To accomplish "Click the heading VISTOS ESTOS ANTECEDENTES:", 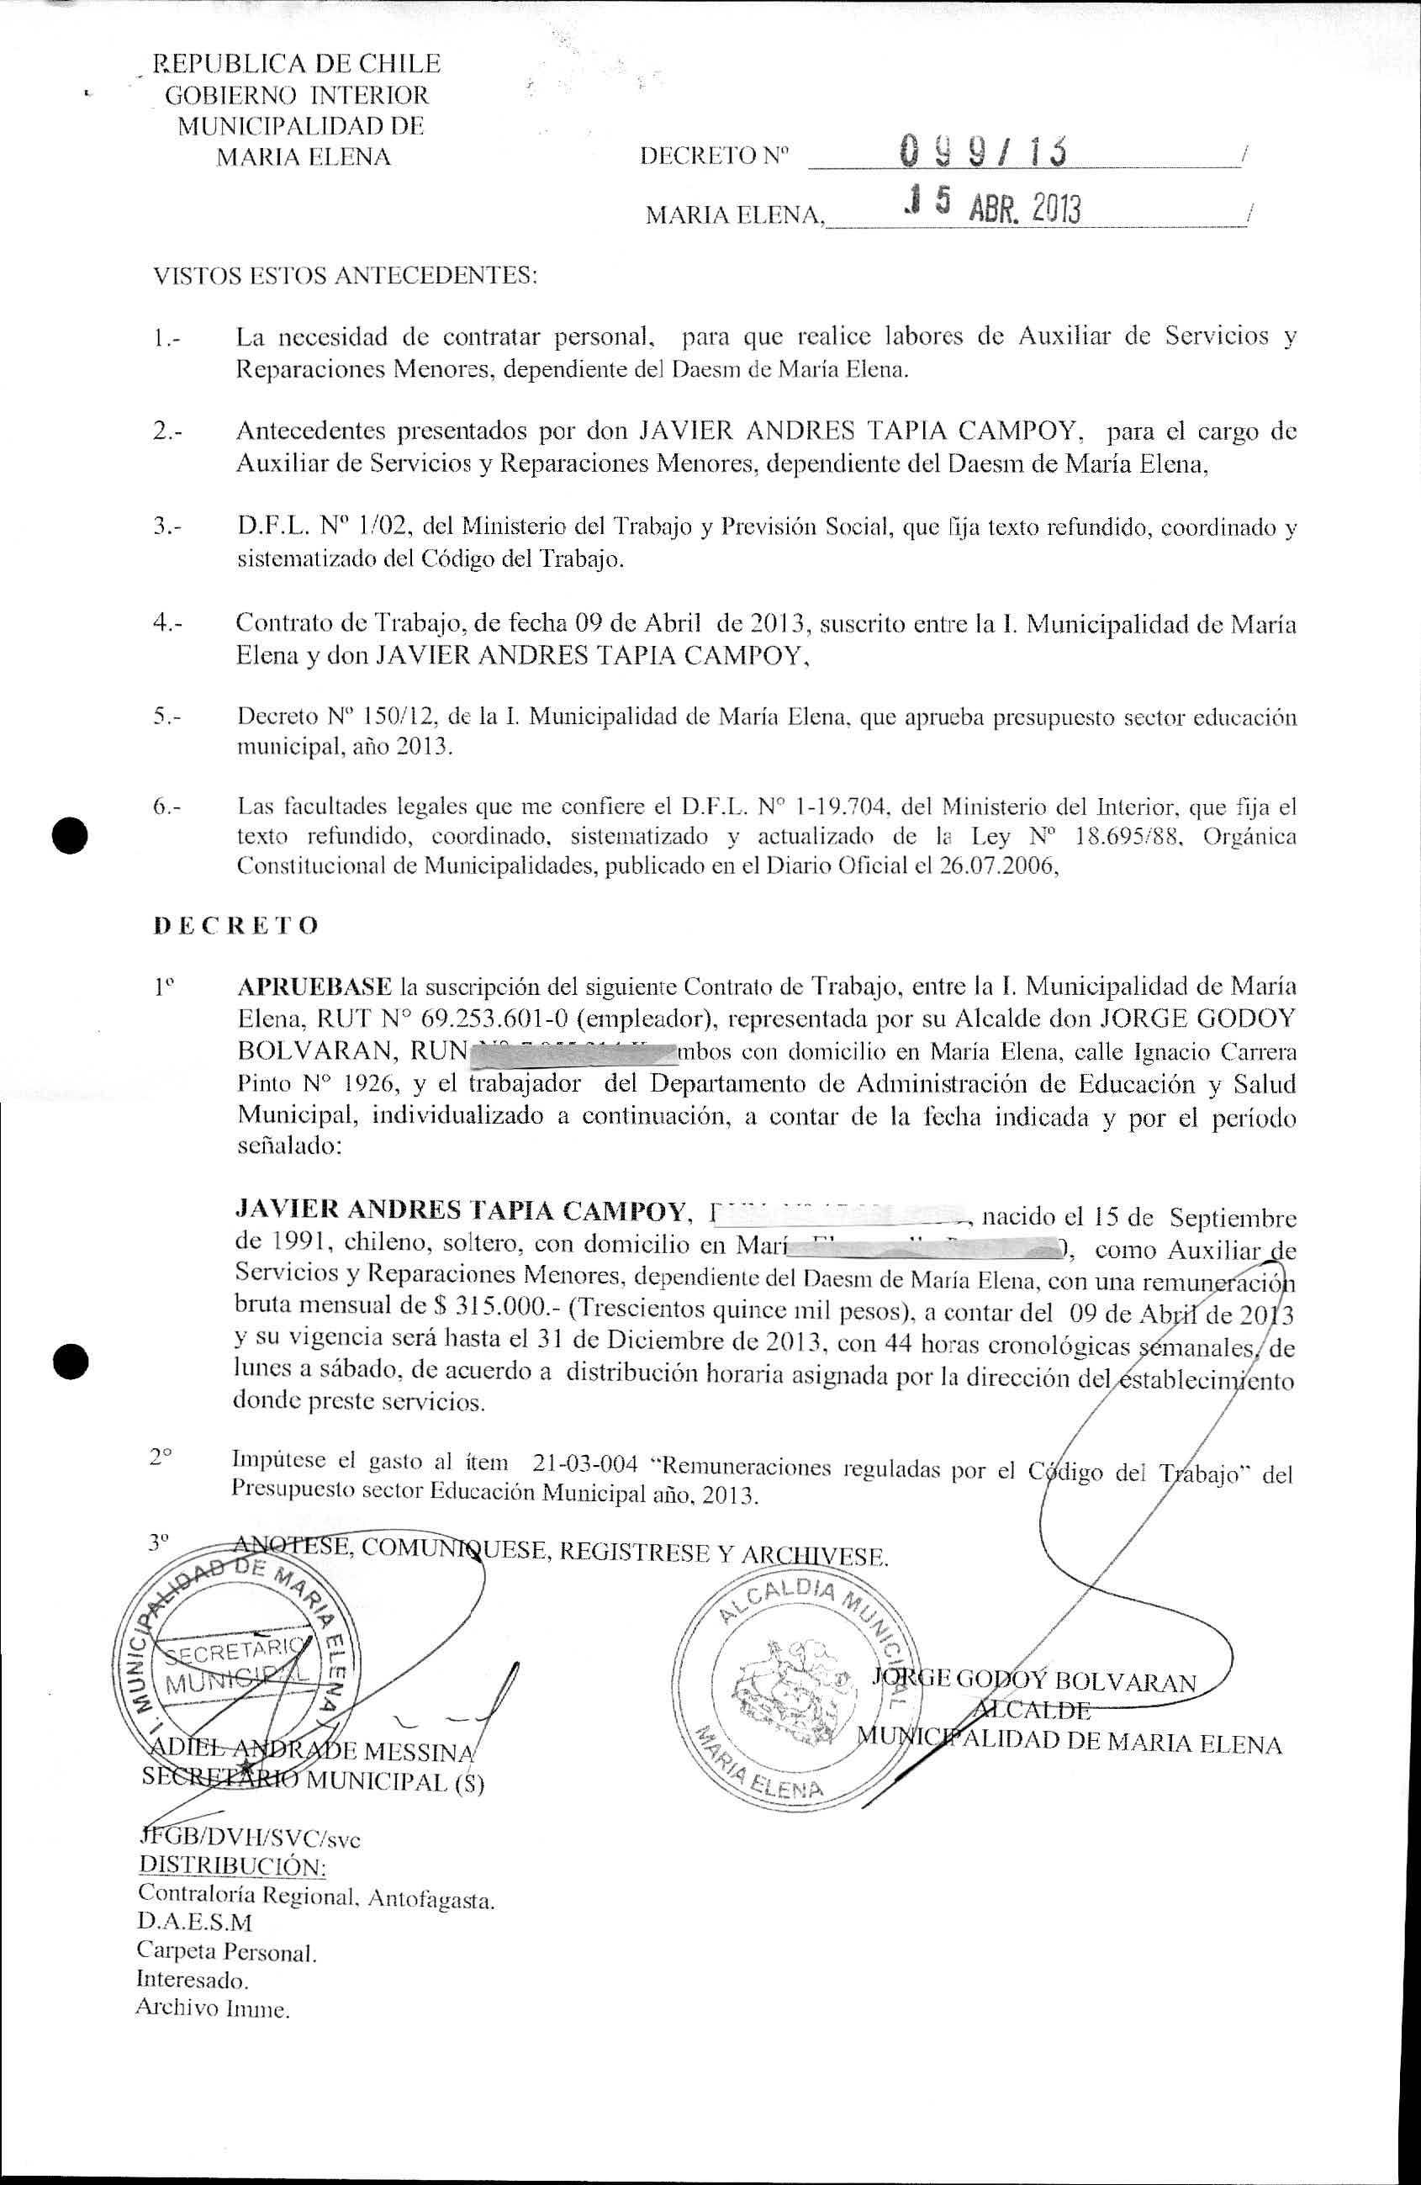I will click(344, 275).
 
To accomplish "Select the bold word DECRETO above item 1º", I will click(235, 924).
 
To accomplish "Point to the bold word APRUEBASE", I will click(314, 987).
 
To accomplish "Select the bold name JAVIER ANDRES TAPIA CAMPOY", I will click(462, 1212).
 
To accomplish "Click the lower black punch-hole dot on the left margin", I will click(70, 1362).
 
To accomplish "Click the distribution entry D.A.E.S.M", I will click(193, 1922).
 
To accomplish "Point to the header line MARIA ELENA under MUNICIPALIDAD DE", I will click(303, 157).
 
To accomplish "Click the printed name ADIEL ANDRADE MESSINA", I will click(309, 1752).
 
